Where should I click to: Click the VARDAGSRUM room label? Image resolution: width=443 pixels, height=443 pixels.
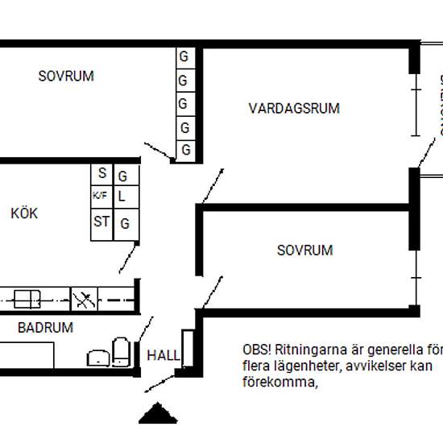coord(294,108)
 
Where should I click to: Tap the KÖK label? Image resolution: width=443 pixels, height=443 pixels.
coord(24,214)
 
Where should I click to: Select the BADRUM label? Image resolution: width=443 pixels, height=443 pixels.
coord(45,328)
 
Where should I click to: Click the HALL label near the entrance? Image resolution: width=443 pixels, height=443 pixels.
coord(164,355)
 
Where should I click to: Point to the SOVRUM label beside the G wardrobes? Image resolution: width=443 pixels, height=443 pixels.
coord(66,77)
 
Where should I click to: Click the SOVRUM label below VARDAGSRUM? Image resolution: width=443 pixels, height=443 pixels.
coord(304,250)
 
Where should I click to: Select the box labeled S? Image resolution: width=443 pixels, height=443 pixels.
coord(102,173)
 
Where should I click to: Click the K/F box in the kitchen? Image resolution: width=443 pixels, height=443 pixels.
coord(100,195)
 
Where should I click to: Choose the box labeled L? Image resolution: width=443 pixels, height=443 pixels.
coord(123,196)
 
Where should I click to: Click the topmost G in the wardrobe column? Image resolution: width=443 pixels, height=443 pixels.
coord(184,57)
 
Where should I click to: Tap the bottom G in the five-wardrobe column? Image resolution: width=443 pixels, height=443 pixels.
coord(185,150)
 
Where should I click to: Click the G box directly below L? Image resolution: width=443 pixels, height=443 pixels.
coord(125,224)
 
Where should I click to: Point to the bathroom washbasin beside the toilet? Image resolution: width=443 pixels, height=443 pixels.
coord(98,357)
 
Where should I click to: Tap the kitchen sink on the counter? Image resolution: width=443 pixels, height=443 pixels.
coord(26,300)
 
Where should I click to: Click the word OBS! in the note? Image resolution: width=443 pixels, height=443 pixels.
coord(257,350)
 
